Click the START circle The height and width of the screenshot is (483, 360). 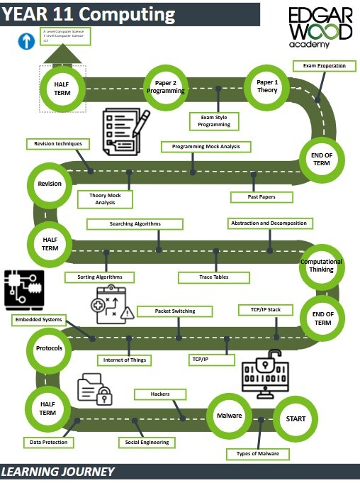coord(296,418)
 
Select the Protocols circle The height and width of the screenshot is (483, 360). coord(49,349)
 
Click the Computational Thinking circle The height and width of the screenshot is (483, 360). coord(321,265)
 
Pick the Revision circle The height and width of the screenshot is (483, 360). coord(50,184)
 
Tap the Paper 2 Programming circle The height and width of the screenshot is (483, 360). coord(166,87)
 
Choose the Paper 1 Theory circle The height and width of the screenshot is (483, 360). coord(267,86)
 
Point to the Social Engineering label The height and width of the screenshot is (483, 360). coord(147,442)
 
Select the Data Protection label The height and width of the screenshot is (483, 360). coord(49,442)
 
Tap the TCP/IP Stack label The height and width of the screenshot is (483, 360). coord(260,310)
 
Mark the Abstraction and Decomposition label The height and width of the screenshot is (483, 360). coord(269,223)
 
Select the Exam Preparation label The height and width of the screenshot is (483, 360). coord(324,66)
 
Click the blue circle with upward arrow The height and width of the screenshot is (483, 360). coord(26,42)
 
